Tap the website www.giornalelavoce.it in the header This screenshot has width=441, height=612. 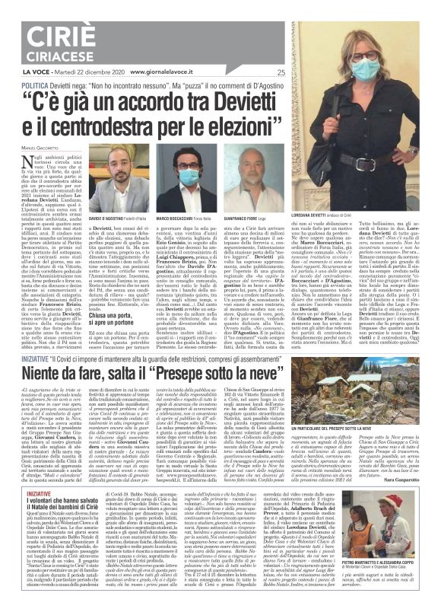[x=166, y=72]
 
